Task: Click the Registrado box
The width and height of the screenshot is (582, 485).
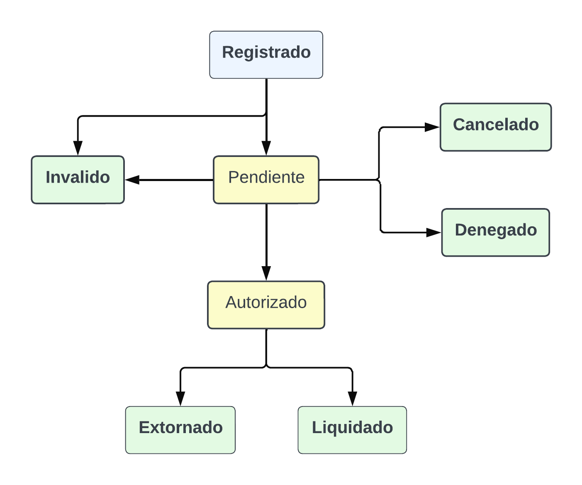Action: [x=266, y=55]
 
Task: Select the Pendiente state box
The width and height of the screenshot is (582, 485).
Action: [x=266, y=180]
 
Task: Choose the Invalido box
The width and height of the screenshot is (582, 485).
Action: [x=78, y=180]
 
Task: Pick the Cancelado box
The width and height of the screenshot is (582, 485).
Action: [x=496, y=127]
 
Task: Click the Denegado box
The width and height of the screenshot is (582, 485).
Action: [x=496, y=233]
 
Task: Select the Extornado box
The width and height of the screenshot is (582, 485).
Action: [x=180, y=430]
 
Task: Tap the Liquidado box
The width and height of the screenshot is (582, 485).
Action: [x=352, y=430]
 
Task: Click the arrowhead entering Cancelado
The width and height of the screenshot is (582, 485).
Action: [x=432, y=127]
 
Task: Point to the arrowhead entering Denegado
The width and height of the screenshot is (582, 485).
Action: [x=433, y=233]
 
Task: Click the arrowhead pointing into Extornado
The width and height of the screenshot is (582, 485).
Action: [x=180, y=399]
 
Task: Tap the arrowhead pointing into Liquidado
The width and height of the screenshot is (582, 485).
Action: [x=352, y=399]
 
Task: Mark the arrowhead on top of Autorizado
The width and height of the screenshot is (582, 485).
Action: [x=266, y=273]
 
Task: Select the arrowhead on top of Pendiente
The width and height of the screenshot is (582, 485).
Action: [x=266, y=148]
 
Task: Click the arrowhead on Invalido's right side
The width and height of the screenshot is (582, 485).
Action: [x=133, y=180]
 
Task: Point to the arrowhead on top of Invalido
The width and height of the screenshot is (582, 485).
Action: [x=78, y=148]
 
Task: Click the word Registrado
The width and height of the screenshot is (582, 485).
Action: [x=266, y=52]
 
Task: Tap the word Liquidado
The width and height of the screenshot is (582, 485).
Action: [x=352, y=427]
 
